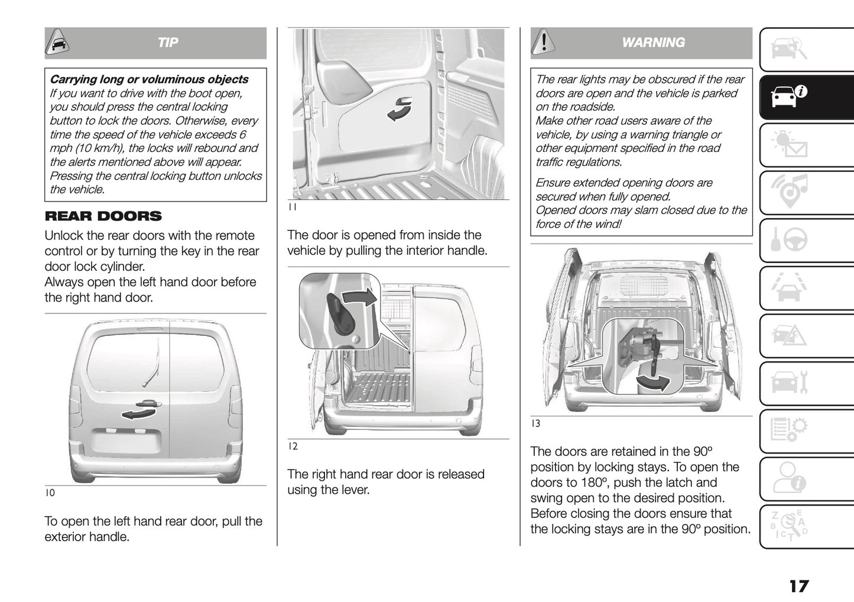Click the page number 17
798,586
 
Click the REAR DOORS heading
103,216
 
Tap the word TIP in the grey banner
168,43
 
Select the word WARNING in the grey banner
653,43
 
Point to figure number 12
293,446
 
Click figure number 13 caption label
535,423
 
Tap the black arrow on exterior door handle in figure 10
135,412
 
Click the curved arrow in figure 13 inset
653,383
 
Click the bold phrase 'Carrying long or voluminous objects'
149,79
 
